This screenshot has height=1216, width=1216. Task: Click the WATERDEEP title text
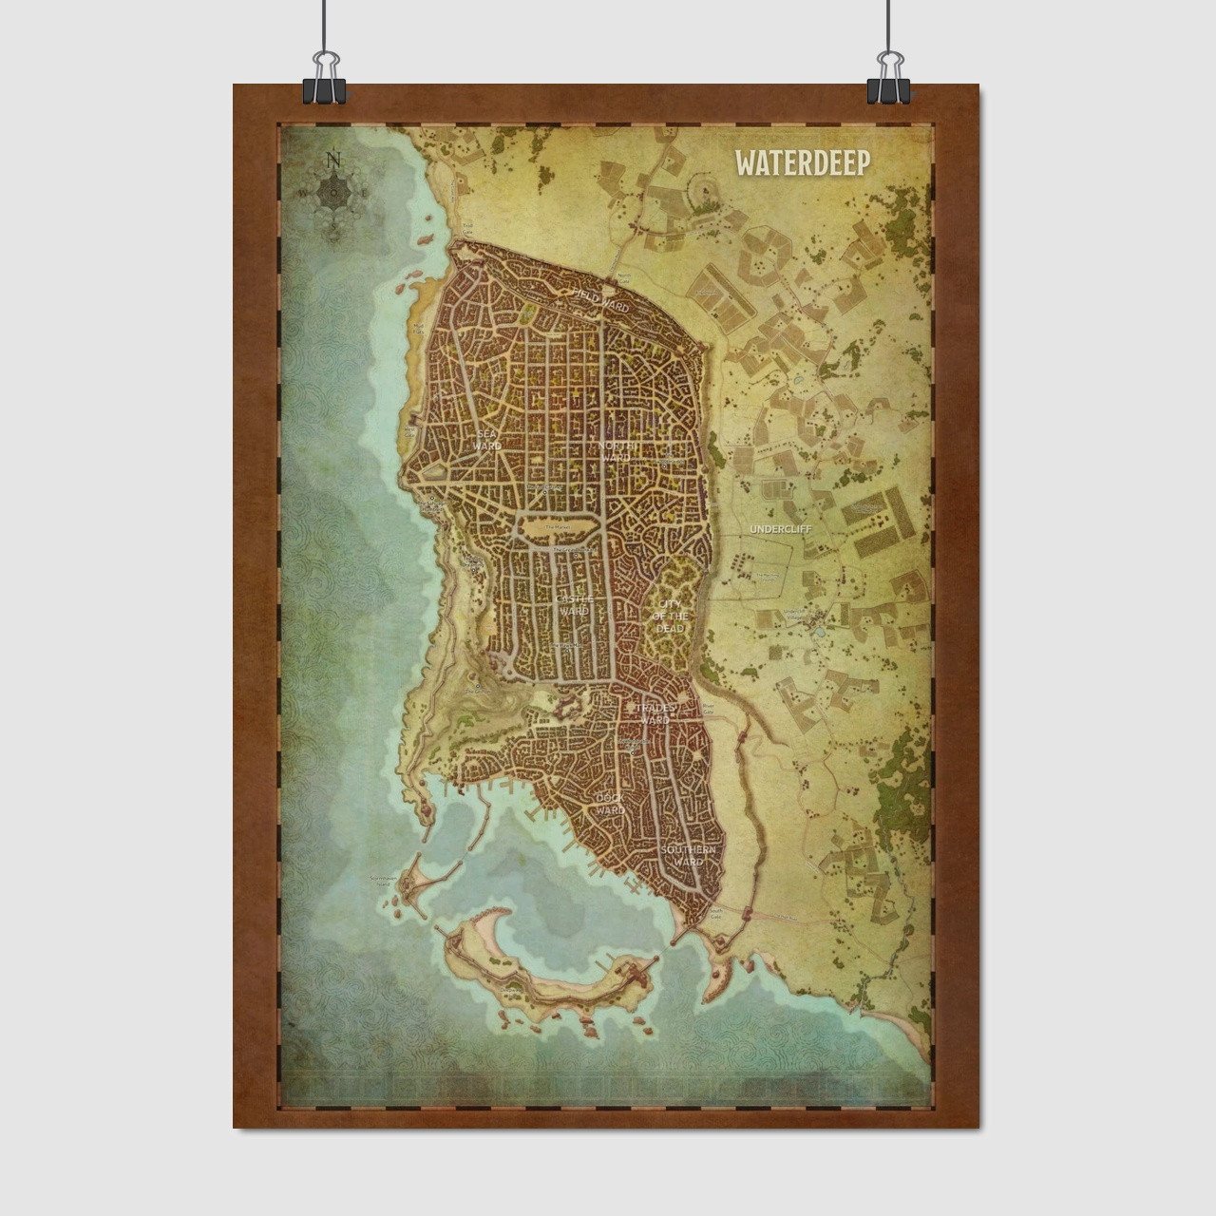tap(802, 162)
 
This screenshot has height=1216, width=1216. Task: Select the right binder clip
tap(888, 80)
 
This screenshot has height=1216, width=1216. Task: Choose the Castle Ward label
tap(574, 605)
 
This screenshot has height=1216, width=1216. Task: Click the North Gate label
tap(624, 276)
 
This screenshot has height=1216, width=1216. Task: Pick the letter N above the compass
tap(332, 159)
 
